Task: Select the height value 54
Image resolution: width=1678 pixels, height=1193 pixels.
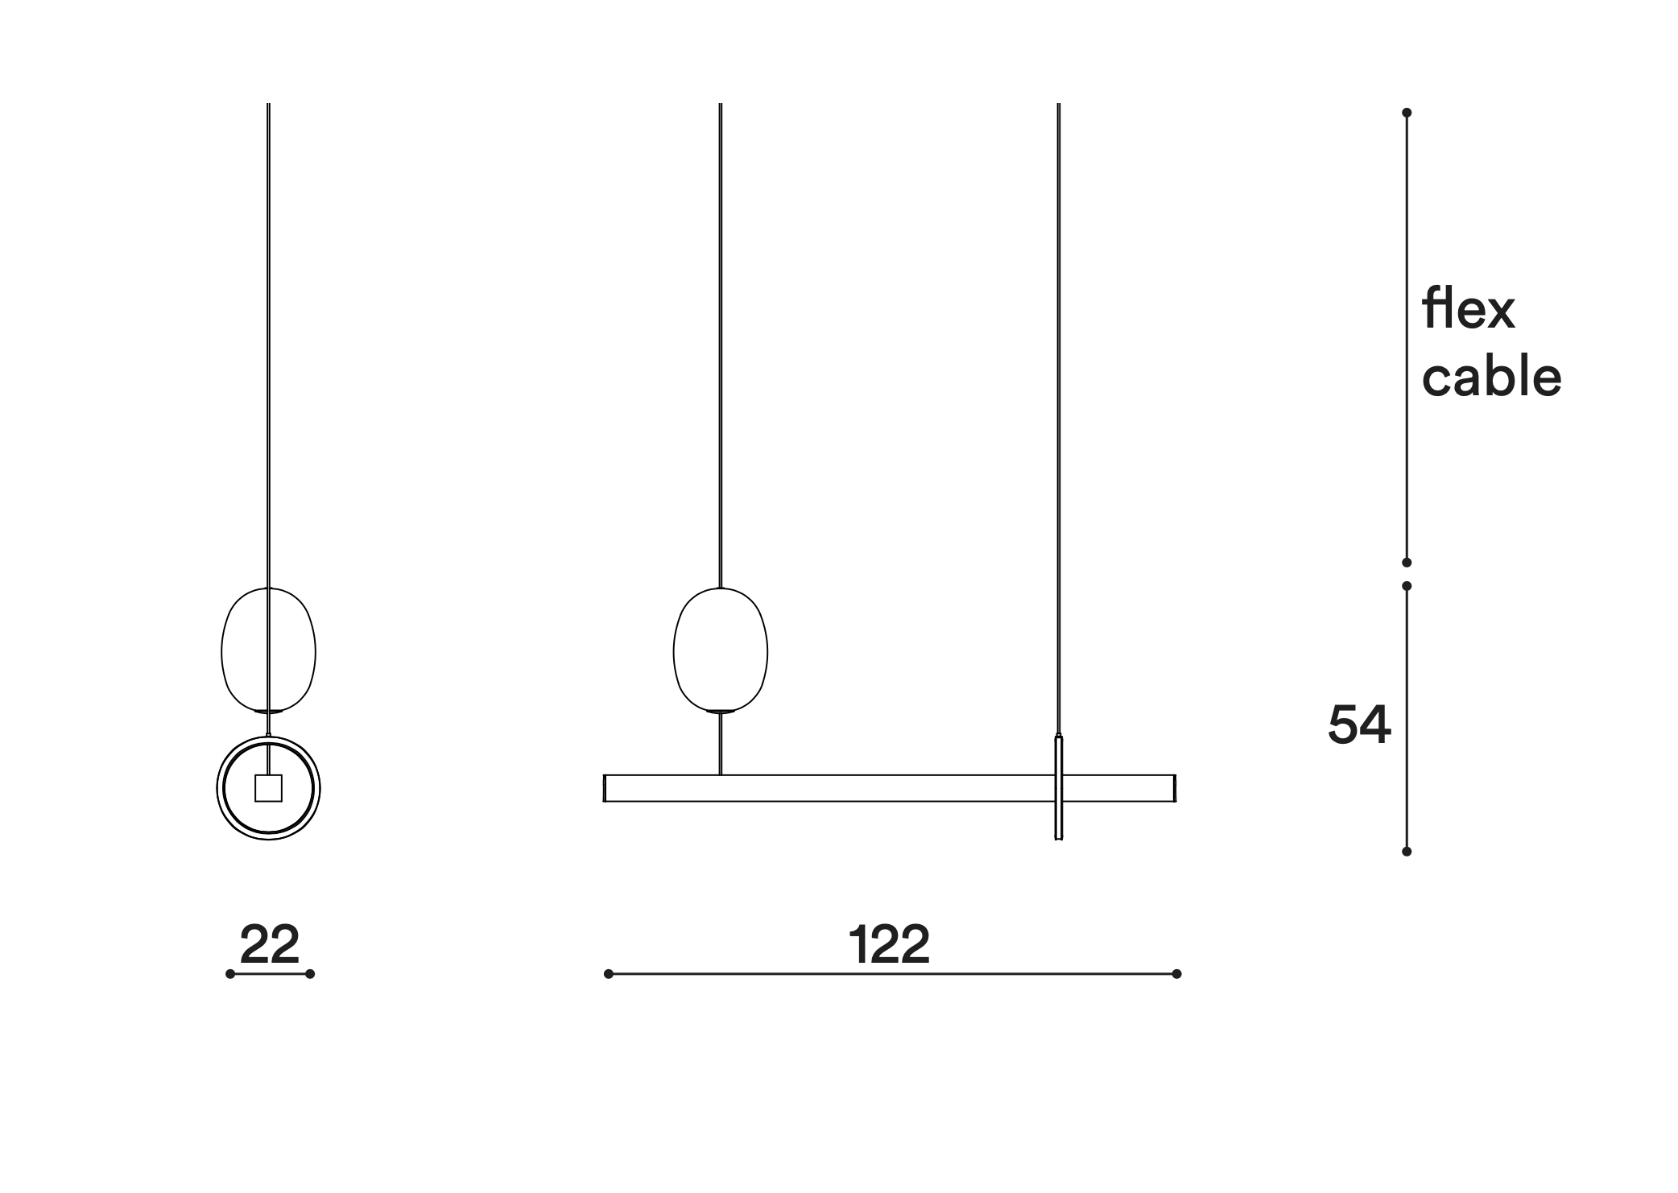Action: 1359,724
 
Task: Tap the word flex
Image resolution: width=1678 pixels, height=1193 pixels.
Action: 1469,309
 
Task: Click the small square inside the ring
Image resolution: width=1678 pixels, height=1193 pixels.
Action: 269,788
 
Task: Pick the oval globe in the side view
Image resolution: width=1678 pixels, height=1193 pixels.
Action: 269,650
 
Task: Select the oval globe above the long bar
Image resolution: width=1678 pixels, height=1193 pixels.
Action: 721,650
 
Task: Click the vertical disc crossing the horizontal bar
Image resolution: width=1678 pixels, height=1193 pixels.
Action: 1059,787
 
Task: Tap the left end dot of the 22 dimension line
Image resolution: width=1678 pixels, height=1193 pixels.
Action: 230,974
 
